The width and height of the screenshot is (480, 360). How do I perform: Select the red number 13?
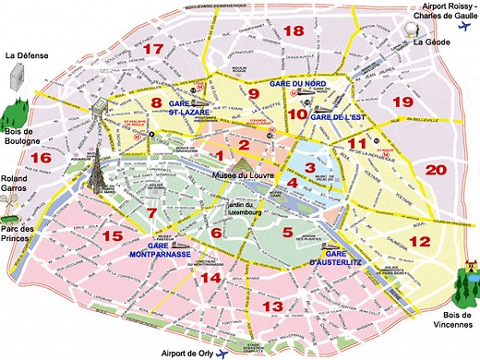pyautogui.click(x=272, y=306)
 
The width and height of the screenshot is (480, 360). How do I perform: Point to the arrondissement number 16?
pyautogui.click(x=40, y=158)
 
